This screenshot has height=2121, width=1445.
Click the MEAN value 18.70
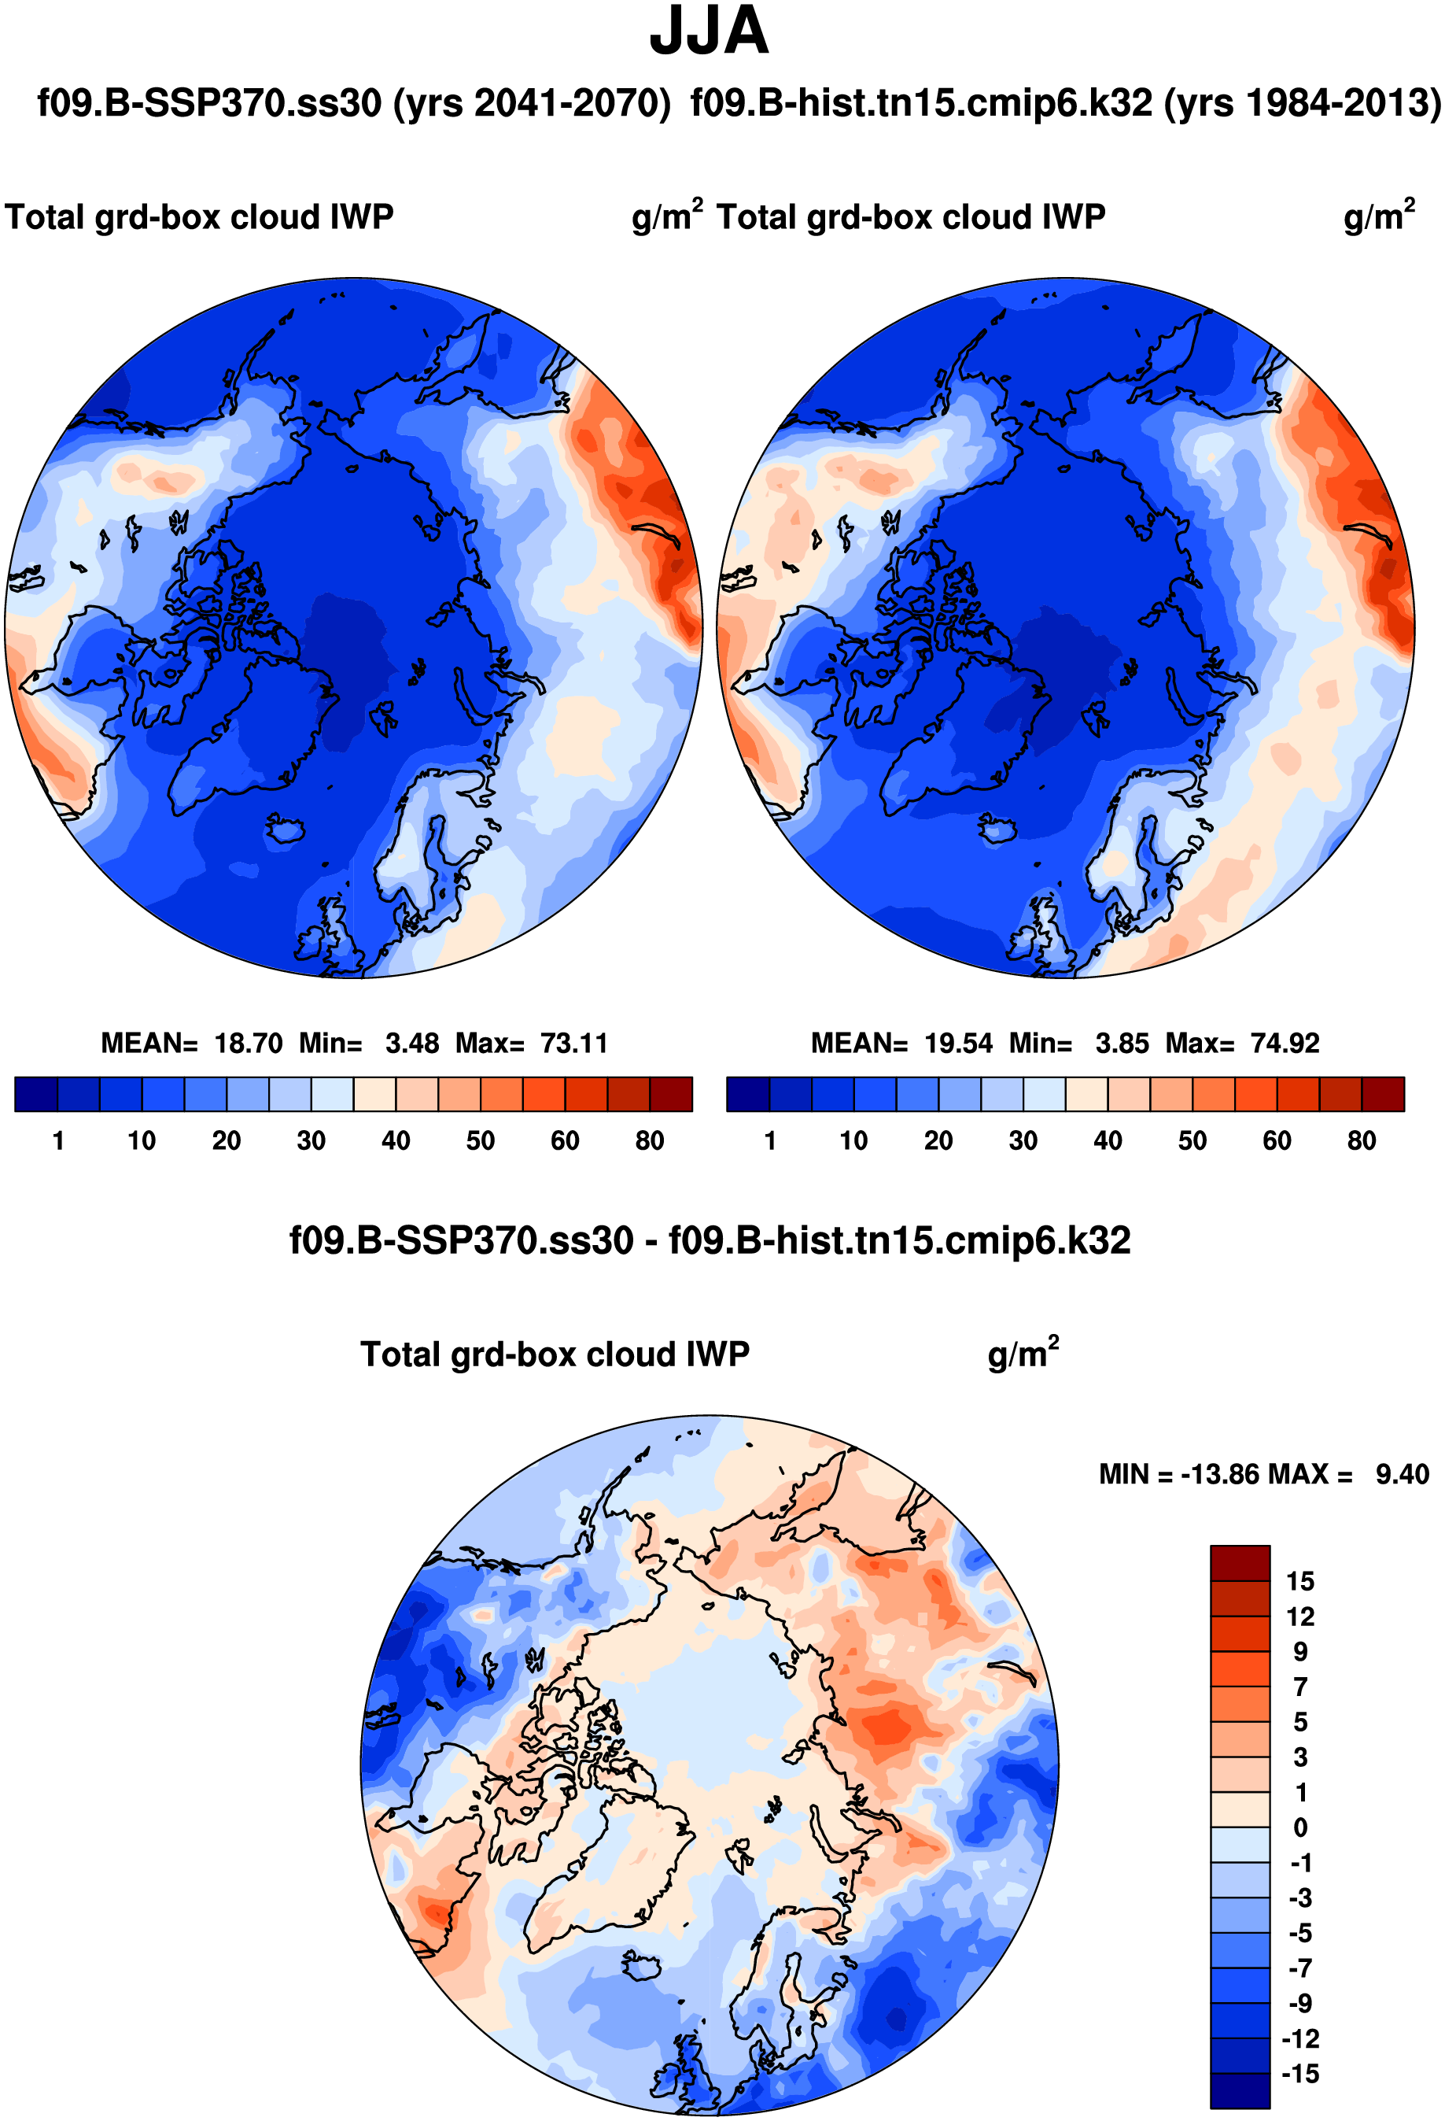click(248, 1043)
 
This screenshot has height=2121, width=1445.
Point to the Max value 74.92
click(1285, 1043)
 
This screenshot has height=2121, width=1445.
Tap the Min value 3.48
click(411, 1043)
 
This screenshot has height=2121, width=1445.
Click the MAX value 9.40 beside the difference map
click(1402, 1474)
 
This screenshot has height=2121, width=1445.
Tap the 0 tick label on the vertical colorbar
click(1301, 1827)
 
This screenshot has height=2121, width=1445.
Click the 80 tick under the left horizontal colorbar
click(650, 1141)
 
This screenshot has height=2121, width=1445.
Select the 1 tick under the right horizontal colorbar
click(770, 1141)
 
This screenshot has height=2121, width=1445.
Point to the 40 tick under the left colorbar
click(396, 1141)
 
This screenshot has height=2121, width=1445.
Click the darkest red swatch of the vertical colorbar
click(1240, 1562)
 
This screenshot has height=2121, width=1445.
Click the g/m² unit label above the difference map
click(1023, 1354)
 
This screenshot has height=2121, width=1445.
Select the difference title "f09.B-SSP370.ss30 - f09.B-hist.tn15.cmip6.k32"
click(710, 1240)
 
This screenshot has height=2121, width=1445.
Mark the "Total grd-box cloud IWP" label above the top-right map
click(910, 217)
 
